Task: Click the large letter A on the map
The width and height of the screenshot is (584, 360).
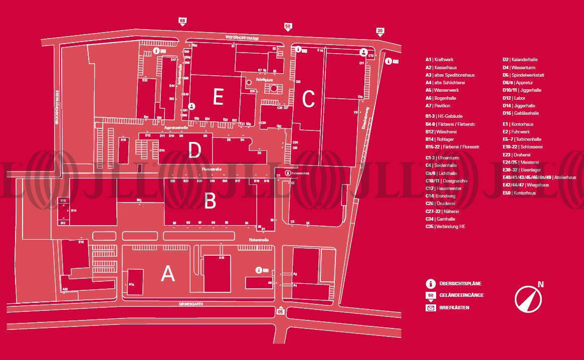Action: click(x=168, y=274)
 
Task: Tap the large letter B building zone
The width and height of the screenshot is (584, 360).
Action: click(x=210, y=201)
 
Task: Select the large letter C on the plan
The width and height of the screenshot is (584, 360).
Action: click(x=308, y=99)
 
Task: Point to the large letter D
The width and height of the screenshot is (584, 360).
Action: click(x=194, y=150)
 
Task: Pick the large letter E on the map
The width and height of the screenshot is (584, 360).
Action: click(x=218, y=97)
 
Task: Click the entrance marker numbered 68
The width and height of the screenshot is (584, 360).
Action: click(x=182, y=21)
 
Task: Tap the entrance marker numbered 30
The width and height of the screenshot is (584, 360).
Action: click(x=380, y=31)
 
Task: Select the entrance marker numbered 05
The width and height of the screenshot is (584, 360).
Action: click(x=281, y=311)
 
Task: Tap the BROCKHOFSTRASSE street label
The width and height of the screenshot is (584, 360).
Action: click(x=57, y=107)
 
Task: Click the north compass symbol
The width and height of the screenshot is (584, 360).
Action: click(x=528, y=298)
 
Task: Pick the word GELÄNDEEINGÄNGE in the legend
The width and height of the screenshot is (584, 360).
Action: click(x=461, y=295)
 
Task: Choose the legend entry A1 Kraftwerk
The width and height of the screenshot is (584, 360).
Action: click(x=439, y=60)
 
